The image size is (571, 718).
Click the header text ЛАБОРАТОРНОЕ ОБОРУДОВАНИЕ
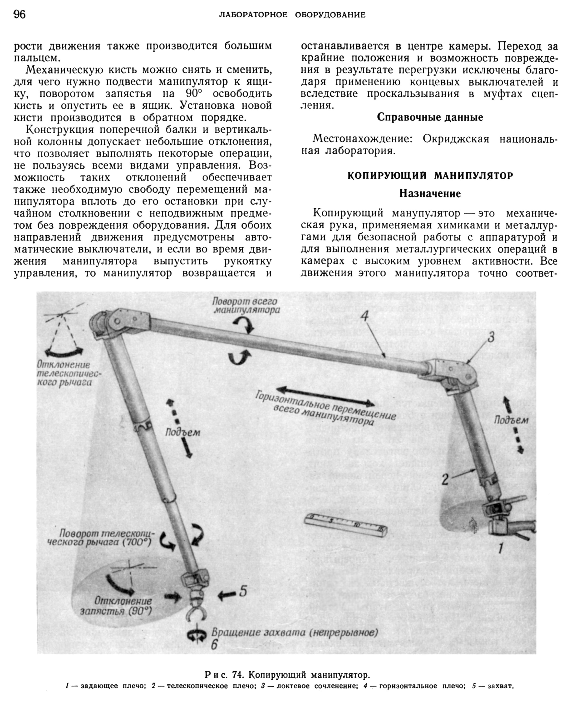[292, 15]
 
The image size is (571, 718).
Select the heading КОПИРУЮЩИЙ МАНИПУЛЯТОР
[430, 176]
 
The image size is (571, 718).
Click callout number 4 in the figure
[365, 316]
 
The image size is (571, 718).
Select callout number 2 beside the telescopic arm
[445, 480]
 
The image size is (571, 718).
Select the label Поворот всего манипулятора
[246, 306]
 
